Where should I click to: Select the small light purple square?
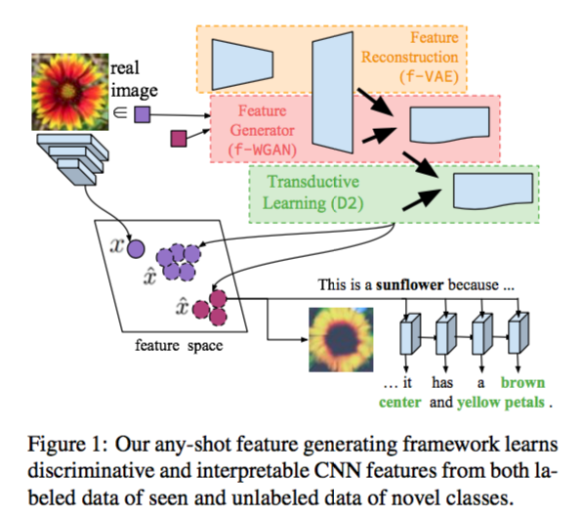(x=142, y=115)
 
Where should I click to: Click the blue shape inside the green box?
(x=485, y=192)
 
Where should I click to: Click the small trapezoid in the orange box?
(x=242, y=58)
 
